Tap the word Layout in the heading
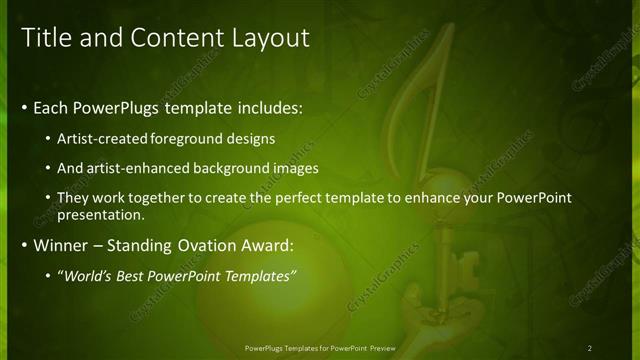(x=261, y=38)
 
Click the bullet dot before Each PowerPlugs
(x=24, y=107)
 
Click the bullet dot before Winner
(x=24, y=245)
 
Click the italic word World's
(x=90, y=275)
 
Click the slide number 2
(x=589, y=347)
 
